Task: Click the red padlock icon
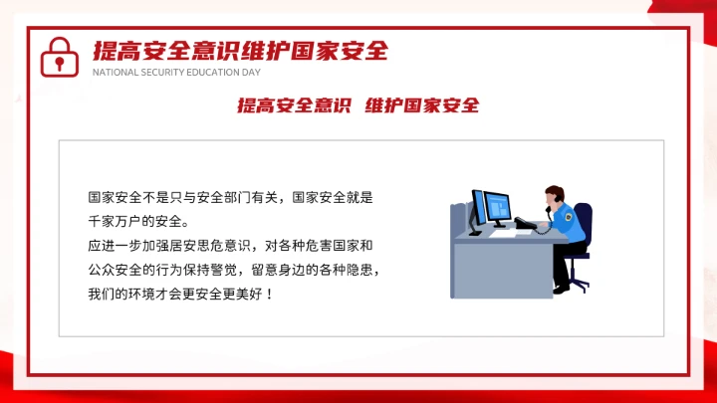click(59, 58)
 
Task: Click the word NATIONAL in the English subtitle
click(111, 73)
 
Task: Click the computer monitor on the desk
click(491, 209)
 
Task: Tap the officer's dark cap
click(553, 189)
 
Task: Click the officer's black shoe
click(563, 289)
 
